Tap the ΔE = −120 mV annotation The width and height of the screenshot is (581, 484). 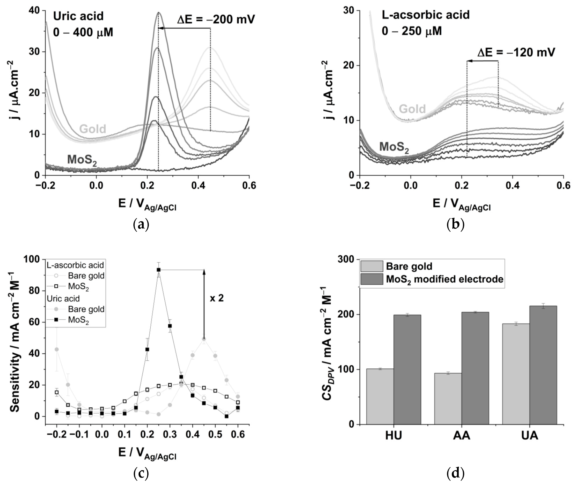[x=516, y=52]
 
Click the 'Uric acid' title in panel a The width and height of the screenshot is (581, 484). [x=78, y=16]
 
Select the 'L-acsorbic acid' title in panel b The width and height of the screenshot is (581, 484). [x=425, y=15]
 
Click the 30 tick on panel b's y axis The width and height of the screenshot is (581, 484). [x=349, y=10]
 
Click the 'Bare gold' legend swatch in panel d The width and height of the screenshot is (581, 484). [x=372, y=266]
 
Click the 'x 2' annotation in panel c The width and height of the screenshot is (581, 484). [x=217, y=298]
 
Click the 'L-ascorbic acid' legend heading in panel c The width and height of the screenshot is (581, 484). [x=75, y=265]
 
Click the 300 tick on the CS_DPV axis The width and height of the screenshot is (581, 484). [x=346, y=259]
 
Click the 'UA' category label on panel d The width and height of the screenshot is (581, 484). [x=530, y=436]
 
